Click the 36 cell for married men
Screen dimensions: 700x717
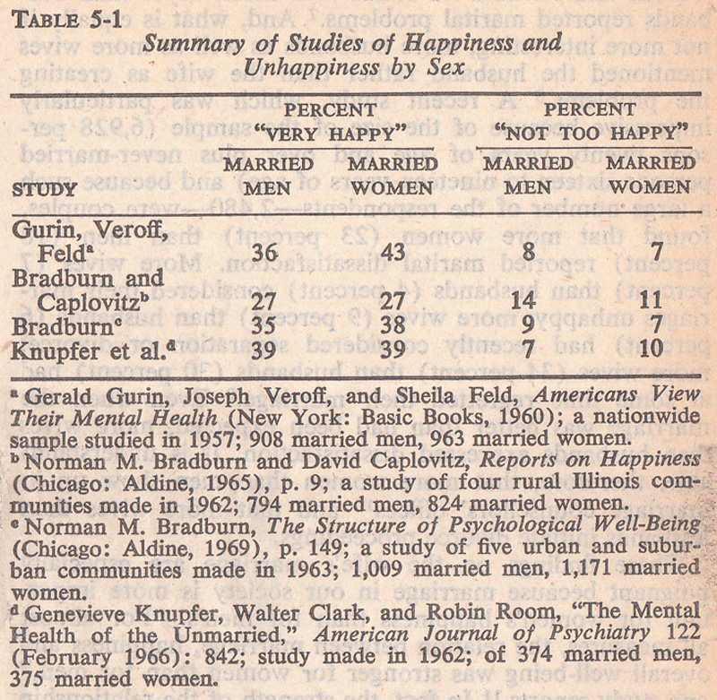click(x=264, y=253)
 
